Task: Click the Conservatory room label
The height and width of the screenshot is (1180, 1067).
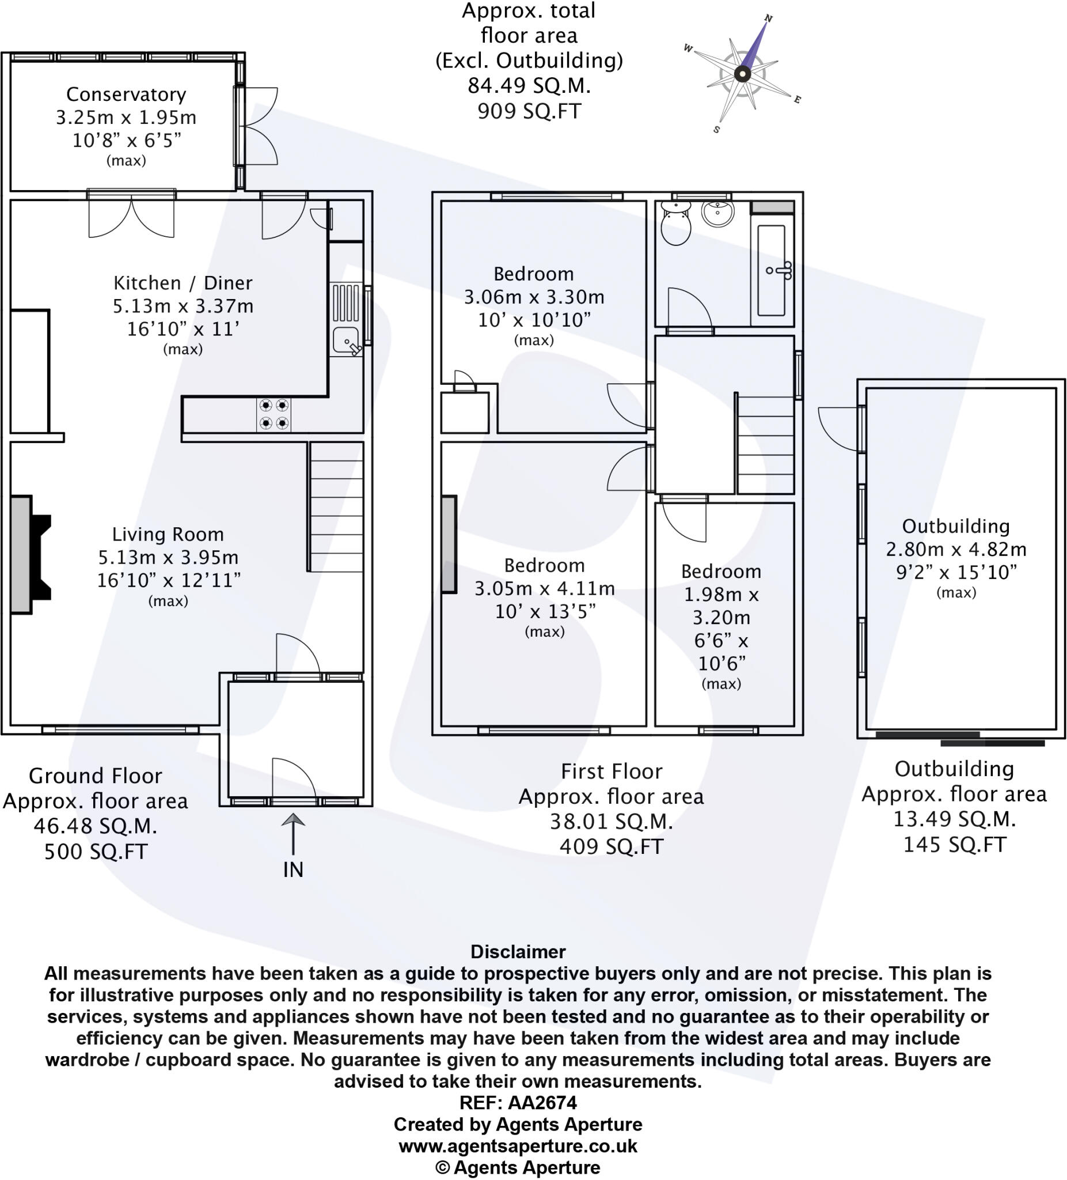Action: pyautogui.click(x=126, y=94)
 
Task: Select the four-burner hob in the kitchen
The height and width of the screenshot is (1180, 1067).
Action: pyautogui.click(x=274, y=414)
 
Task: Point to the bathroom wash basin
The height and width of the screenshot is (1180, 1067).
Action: pyautogui.click(x=717, y=214)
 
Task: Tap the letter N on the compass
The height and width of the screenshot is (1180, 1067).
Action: pyautogui.click(x=768, y=19)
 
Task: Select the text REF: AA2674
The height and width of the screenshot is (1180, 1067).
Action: pyautogui.click(x=518, y=1102)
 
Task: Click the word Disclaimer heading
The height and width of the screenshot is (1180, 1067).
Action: pyautogui.click(x=518, y=951)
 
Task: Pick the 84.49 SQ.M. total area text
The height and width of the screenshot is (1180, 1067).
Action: pyautogui.click(x=529, y=85)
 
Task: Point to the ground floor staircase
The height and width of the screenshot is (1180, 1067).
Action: pyautogui.click(x=336, y=506)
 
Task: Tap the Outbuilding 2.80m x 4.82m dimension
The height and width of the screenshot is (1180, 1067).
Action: pyautogui.click(x=956, y=549)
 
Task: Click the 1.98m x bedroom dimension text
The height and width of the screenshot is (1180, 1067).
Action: pyautogui.click(x=721, y=594)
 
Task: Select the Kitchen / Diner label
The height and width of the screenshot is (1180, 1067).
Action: pyautogui.click(x=183, y=283)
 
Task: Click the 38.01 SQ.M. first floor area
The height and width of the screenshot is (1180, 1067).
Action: pyautogui.click(x=612, y=821)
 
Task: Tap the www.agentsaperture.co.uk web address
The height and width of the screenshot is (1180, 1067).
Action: pyautogui.click(x=518, y=1145)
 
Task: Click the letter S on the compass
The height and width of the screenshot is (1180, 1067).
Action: pyautogui.click(x=716, y=130)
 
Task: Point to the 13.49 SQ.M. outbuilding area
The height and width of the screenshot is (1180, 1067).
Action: pyautogui.click(x=954, y=819)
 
